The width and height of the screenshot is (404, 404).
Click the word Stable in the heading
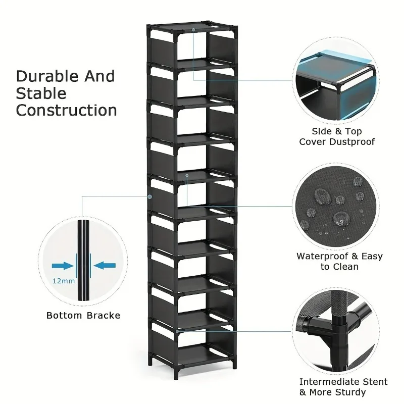(41, 93)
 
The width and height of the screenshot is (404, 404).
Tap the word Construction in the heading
(67, 110)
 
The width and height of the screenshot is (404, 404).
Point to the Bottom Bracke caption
(83, 316)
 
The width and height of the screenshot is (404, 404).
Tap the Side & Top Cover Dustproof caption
(337, 136)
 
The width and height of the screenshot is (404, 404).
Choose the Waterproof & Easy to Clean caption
(339, 261)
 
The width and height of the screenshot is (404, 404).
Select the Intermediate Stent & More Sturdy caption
(343, 387)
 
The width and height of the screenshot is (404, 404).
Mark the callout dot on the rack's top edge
(193, 30)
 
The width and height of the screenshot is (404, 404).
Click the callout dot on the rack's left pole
(149, 196)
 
